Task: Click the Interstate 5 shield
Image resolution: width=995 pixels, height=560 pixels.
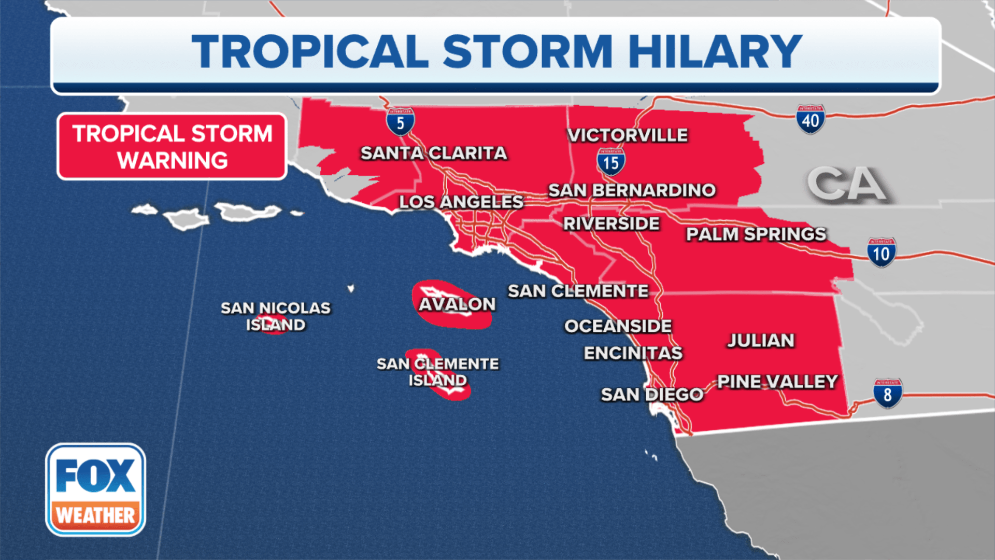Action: coord(400,122)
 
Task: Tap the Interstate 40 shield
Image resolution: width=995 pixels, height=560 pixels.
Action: coord(811,120)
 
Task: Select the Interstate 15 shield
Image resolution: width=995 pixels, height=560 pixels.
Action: coord(611,162)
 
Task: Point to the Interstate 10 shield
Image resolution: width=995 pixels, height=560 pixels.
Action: coord(881,253)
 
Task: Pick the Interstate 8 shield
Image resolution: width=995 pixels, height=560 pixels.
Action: coord(887,394)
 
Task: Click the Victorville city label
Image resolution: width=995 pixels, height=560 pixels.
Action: coord(628,135)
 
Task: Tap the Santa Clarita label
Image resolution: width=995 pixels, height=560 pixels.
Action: coord(433,153)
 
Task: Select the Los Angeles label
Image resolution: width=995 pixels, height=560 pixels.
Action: coord(461,202)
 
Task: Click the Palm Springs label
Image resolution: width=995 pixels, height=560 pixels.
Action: coord(756,234)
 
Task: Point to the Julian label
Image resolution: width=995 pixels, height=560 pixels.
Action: coord(760,341)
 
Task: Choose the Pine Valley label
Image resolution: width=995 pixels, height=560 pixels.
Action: coord(777,382)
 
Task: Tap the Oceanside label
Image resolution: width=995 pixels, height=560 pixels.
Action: coord(618,326)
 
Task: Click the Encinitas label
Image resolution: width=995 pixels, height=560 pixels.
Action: coord(633,353)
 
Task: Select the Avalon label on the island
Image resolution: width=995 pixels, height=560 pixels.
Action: coord(457,304)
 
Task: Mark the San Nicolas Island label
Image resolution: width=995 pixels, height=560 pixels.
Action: coord(276,316)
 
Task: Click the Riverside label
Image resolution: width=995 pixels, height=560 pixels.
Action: coord(611,223)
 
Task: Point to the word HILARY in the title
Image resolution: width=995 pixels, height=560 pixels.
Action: coord(715,51)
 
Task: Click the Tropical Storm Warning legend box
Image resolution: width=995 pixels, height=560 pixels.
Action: coord(172,147)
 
